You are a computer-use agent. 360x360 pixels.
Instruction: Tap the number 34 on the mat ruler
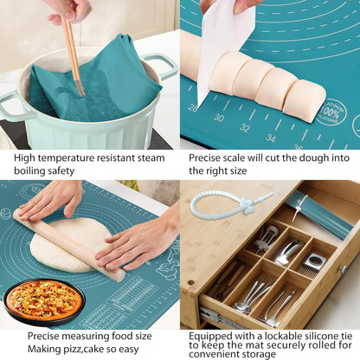tap(272, 137)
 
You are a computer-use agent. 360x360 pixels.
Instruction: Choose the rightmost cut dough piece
tap(305, 101)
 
